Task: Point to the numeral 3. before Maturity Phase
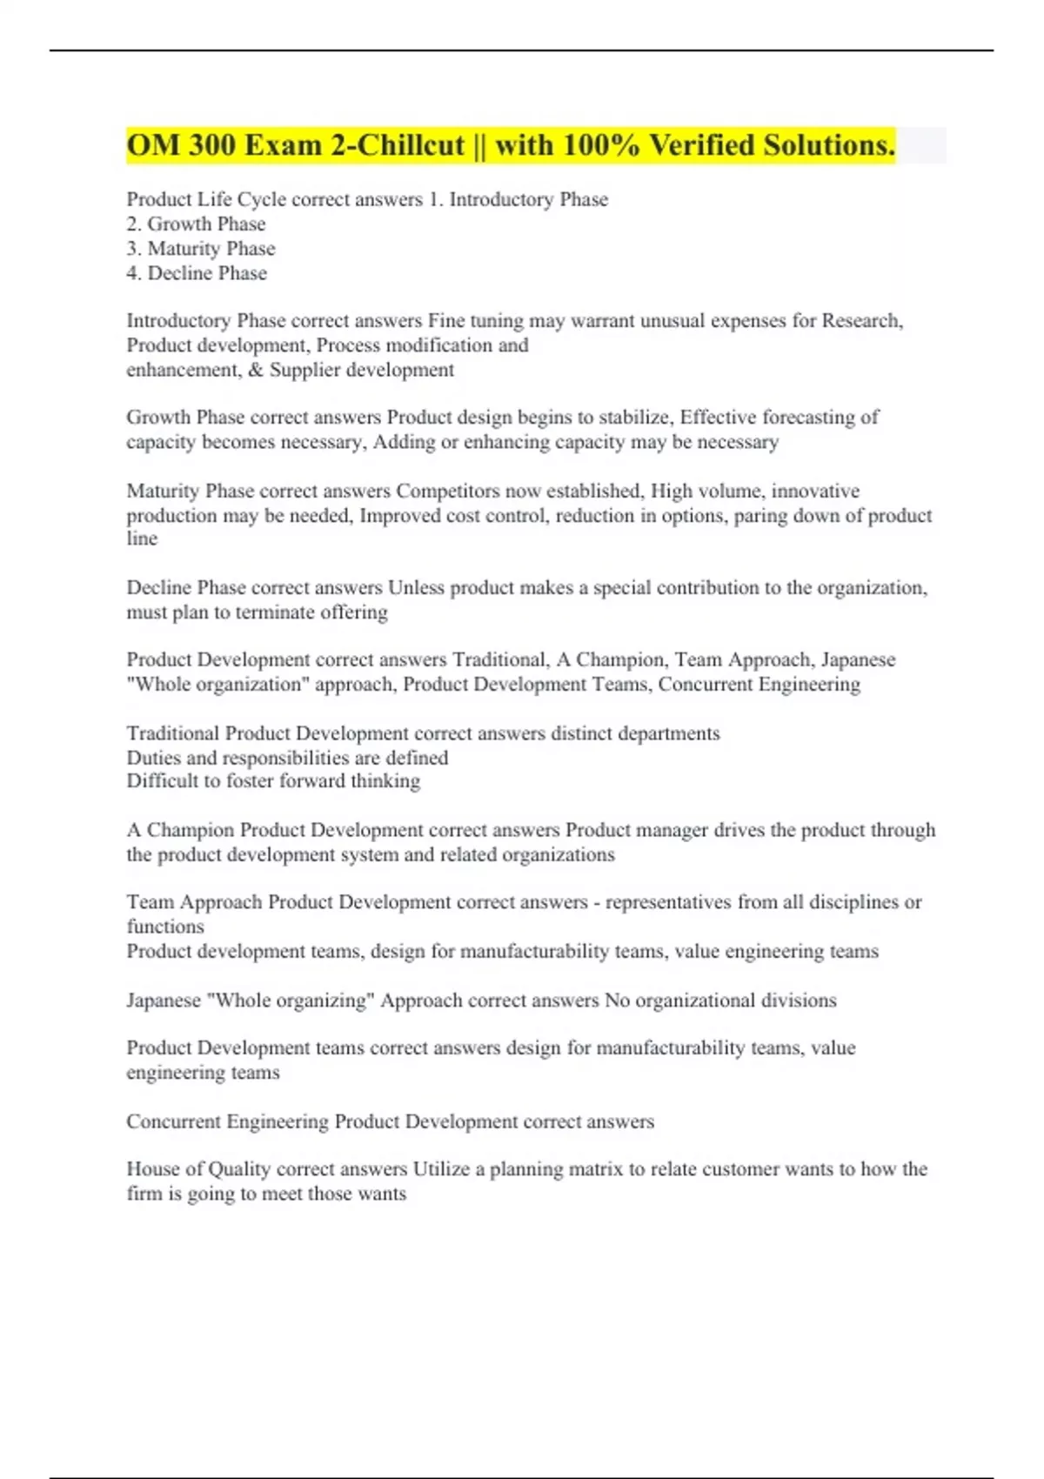point(134,249)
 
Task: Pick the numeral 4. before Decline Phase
point(134,273)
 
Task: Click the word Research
point(861,321)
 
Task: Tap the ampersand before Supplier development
point(255,370)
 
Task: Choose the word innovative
point(814,491)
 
